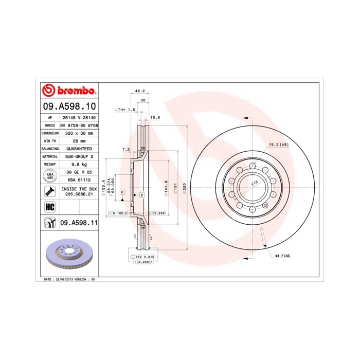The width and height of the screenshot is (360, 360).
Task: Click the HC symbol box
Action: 50,207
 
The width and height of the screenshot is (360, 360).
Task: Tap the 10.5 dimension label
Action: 155,117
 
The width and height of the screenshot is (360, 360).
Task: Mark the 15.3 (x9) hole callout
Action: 278,145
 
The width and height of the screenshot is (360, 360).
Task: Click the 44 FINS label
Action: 283,256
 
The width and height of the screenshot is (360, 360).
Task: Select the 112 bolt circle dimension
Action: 254,183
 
